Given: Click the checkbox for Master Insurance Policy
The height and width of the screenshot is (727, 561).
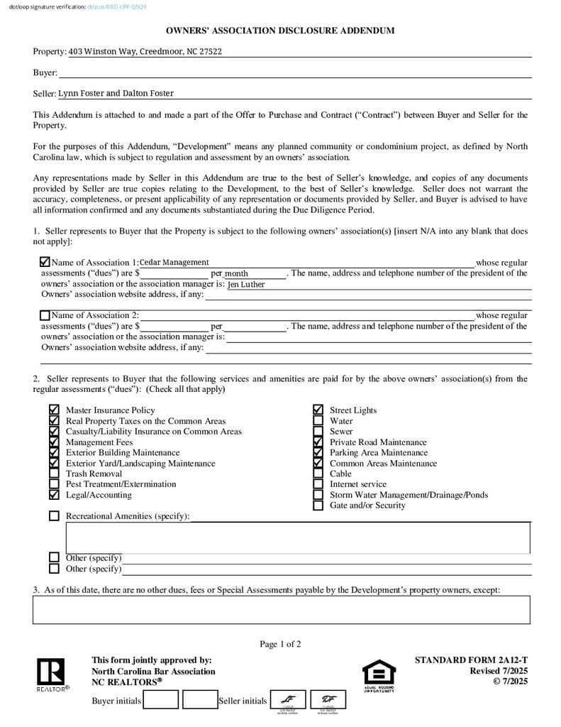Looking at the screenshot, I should (x=54, y=410).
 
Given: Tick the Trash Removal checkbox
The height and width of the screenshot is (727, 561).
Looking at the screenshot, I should (x=54, y=474).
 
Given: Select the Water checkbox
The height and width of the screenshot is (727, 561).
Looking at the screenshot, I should (x=318, y=421).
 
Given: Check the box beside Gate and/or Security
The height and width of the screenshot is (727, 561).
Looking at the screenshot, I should (x=318, y=505).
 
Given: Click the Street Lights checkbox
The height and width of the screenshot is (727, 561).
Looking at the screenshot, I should (x=318, y=410).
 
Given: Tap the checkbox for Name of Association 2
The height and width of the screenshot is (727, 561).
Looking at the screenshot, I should (x=45, y=315).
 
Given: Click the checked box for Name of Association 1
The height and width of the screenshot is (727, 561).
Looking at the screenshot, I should (x=45, y=263).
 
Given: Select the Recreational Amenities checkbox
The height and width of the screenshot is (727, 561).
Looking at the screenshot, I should (x=54, y=516).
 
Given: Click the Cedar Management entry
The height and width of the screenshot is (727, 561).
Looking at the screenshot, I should (x=174, y=263).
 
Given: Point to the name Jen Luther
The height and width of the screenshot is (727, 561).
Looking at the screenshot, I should (x=246, y=285).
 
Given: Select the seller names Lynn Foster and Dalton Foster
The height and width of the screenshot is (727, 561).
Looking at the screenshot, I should (x=116, y=93).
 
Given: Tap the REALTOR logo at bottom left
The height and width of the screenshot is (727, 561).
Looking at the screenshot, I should (x=51, y=674).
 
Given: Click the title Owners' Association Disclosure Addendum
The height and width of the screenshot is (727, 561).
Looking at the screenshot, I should (x=280, y=31).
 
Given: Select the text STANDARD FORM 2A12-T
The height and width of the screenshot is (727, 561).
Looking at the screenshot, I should (x=471, y=660).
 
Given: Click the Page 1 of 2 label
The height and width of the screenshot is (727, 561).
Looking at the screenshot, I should (x=280, y=644).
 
